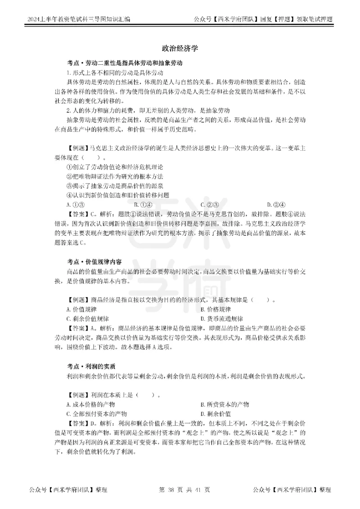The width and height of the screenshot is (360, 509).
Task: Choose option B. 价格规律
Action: click(x=216, y=309)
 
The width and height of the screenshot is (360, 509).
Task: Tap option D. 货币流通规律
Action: click(x=221, y=319)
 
